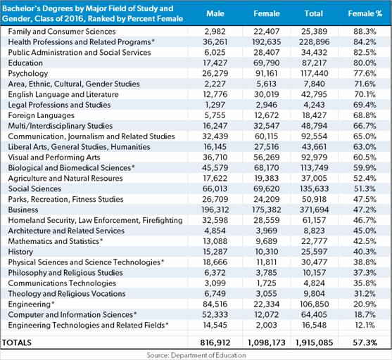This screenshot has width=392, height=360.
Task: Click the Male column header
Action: click(x=215, y=13)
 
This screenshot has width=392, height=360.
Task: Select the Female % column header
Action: click(x=365, y=13)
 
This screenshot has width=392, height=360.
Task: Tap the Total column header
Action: click(x=313, y=13)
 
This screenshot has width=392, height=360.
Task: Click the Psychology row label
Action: click(x=28, y=73)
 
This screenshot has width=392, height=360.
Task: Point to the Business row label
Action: click(x=23, y=210)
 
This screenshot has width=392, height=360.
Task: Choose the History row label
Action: click(x=20, y=252)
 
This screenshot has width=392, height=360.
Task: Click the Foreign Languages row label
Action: click(x=42, y=115)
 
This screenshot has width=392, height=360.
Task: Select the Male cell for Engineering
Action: click(x=215, y=304)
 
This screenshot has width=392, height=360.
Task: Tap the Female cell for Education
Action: click(x=267, y=63)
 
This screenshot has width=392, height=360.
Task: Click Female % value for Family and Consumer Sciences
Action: click(x=365, y=32)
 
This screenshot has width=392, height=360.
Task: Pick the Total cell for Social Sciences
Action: click(x=315, y=189)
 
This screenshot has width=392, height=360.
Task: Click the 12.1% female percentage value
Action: click(x=365, y=326)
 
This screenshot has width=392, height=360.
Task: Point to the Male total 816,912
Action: click(x=215, y=342)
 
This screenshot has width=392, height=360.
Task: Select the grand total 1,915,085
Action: click(x=315, y=342)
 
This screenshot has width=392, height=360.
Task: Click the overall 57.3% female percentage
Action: click(x=365, y=342)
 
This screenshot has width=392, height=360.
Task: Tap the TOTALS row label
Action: click(x=17, y=342)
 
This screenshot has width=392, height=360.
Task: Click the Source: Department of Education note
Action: click(x=196, y=355)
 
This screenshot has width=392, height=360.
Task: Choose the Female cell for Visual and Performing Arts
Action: click(x=267, y=157)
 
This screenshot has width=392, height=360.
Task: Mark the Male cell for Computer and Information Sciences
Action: click(x=215, y=315)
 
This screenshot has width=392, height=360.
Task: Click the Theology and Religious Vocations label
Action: click(x=67, y=294)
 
